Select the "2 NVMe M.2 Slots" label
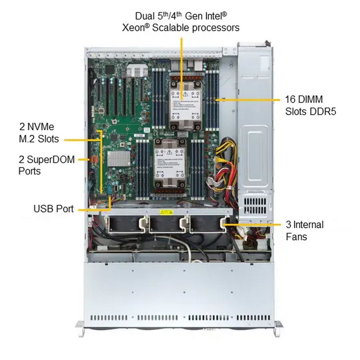click(39, 132)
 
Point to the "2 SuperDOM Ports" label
click(46, 165)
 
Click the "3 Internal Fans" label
click(305, 230)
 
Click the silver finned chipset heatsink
click(119, 159)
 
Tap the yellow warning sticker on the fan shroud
click(165, 212)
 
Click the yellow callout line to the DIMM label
click(248, 99)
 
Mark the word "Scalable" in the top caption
click(171, 27)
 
